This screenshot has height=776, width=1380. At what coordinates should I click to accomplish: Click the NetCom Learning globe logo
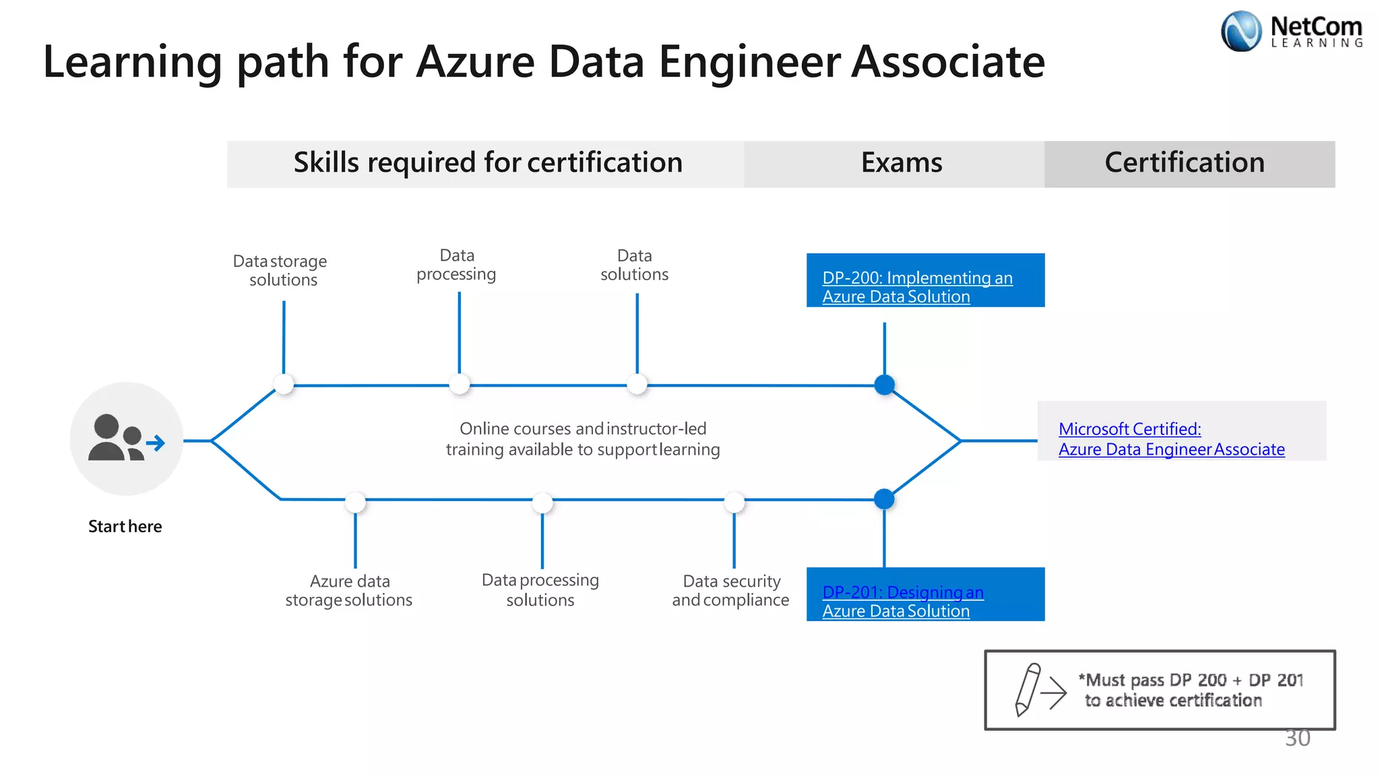[x=1241, y=32]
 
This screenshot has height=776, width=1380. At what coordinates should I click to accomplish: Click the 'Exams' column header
[x=902, y=163]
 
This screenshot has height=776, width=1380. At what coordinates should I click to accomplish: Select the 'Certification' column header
[x=1185, y=163]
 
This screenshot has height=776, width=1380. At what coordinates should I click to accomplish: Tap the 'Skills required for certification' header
[x=488, y=163]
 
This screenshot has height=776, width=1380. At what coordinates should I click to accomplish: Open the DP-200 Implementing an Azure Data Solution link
[x=916, y=287]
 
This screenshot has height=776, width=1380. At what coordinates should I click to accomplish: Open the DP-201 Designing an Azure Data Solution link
[x=902, y=601]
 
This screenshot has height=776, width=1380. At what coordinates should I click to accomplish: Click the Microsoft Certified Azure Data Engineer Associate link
[x=1171, y=439]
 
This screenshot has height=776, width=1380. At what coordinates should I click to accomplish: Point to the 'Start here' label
[x=125, y=526]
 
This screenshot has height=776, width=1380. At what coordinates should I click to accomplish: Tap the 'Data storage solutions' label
[x=280, y=270]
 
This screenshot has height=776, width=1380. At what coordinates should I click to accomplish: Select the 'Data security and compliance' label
[x=731, y=590]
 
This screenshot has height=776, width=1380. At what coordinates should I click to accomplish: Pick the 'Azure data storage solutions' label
[x=349, y=590]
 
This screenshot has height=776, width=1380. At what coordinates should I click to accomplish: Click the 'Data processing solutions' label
[x=540, y=590]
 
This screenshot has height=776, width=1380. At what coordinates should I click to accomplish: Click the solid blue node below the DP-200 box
[x=884, y=385]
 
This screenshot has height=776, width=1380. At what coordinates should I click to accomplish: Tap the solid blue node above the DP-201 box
[x=884, y=499]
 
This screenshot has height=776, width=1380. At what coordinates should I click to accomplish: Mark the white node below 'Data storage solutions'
[x=284, y=385]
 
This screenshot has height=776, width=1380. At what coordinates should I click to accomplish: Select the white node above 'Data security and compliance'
[x=734, y=502]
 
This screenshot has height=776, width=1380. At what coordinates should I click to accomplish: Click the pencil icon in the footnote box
[x=1028, y=689]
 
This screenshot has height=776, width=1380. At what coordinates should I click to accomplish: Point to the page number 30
[x=1297, y=738]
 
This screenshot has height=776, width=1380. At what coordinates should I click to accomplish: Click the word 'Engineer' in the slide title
[x=749, y=62]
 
